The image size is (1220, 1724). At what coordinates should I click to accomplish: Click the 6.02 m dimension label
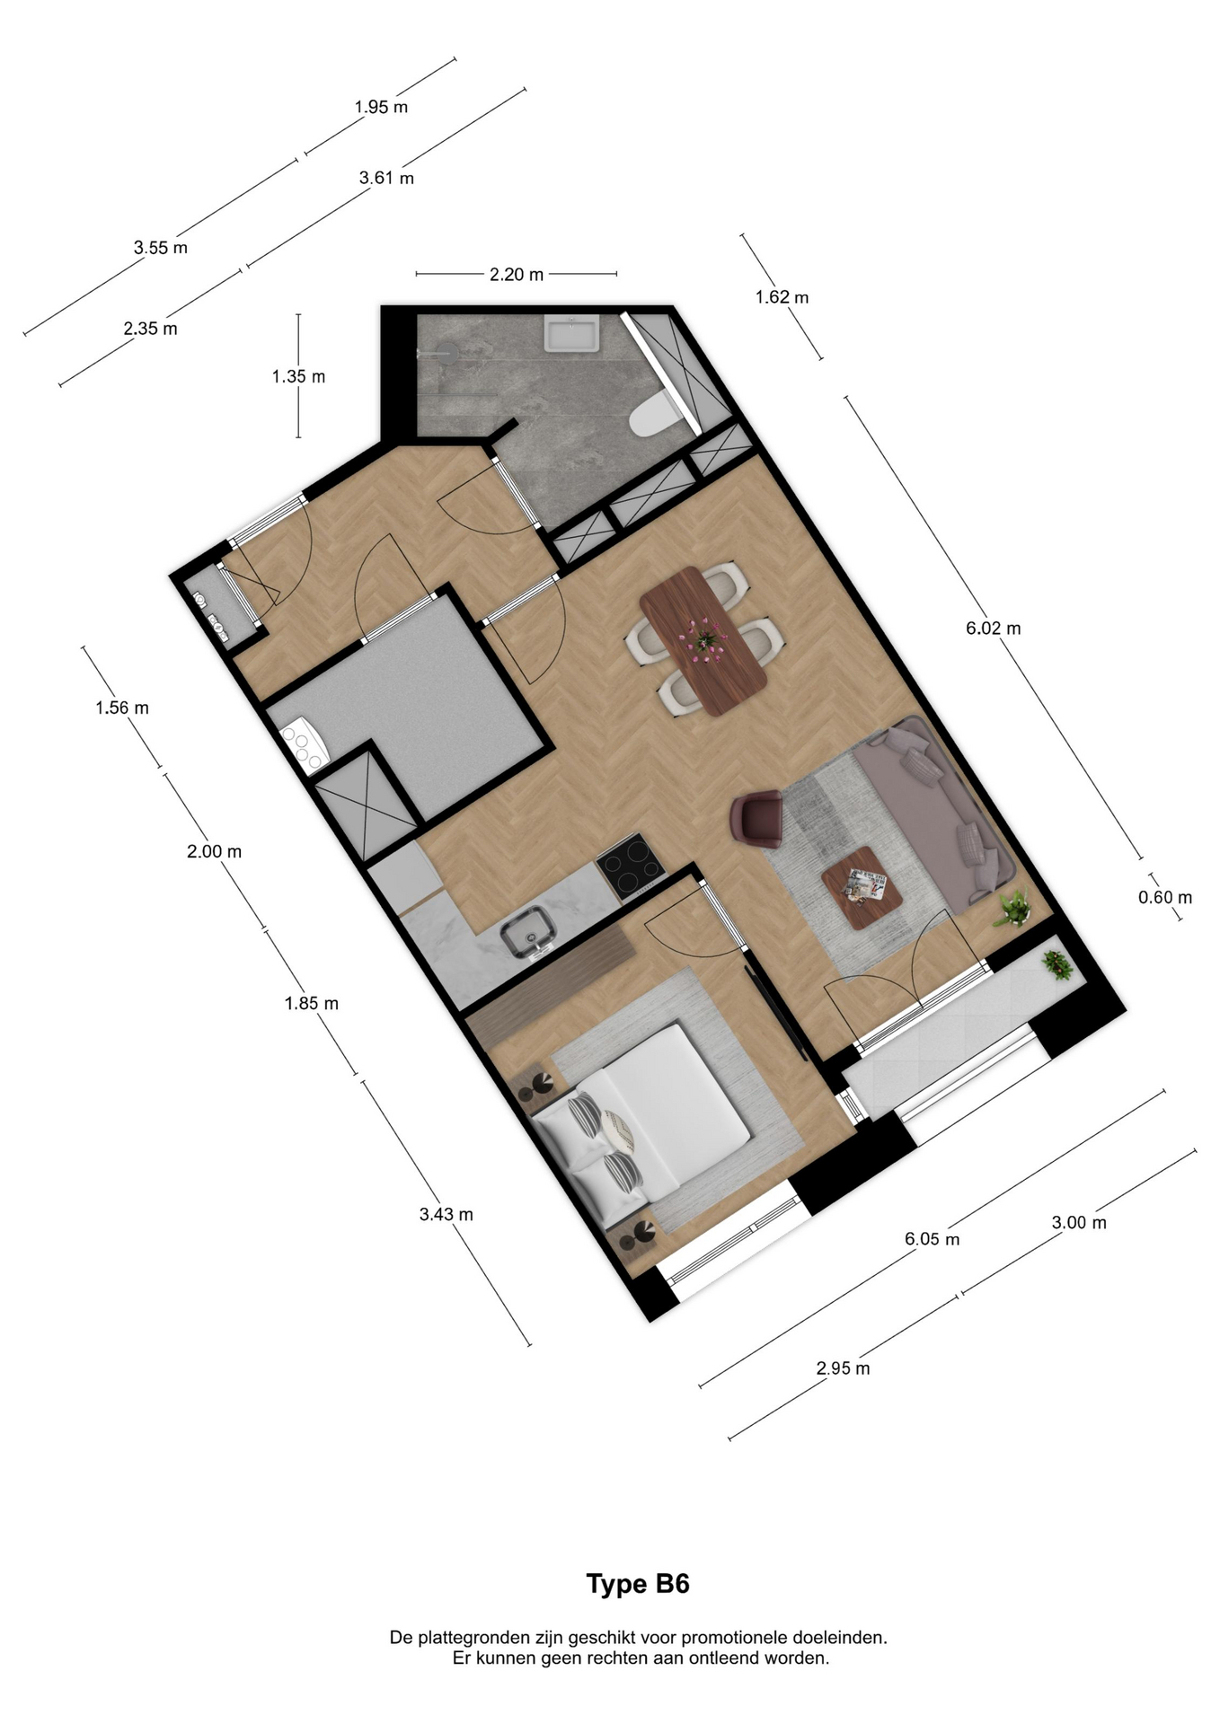pyautogui.click(x=993, y=629)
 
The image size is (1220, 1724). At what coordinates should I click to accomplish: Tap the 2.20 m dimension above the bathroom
pyautogui.click(x=517, y=275)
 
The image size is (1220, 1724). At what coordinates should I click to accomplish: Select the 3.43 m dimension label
pyautogui.click(x=446, y=1215)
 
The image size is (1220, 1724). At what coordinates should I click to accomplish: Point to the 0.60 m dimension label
pyautogui.click(x=1164, y=897)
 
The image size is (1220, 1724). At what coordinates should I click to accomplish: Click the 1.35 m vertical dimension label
pyautogui.click(x=298, y=377)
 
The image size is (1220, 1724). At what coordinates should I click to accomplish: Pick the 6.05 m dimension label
pyautogui.click(x=932, y=1239)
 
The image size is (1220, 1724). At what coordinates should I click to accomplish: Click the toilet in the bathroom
pyautogui.click(x=650, y=416)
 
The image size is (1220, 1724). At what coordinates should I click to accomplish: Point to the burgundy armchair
pyautogui.click(x=759, y=817)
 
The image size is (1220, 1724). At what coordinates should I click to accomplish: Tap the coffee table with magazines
pyautogui.click(x=862, y=889)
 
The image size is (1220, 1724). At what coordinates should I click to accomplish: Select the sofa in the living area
pyautogui.click(x=934, y=813)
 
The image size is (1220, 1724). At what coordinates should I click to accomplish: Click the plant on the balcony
pyautogui.click(x=1056, y=966)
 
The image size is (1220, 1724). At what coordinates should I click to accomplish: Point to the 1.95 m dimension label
pyautogui.click(x=381, y=107)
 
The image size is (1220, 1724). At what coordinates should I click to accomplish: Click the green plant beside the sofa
pyautogui.click(x=1014, y=908)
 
